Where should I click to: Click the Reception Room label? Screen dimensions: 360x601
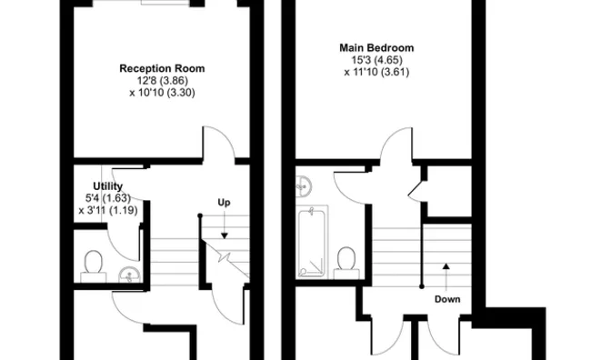click(x=162, y=68)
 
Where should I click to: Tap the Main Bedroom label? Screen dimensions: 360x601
click(x=376, y=48)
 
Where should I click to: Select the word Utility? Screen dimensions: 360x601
click(x=107, y=186)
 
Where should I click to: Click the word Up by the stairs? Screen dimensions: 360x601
click(x=224, y=202)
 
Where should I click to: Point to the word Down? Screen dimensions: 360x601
click(x=446, y=299)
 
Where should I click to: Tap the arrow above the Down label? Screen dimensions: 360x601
click(x=446, y=272)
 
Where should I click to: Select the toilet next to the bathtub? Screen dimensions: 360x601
click(x=346, y=260)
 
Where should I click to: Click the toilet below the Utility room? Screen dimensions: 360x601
click(x=92, y=263)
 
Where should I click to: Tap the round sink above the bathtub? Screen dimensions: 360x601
click(x=304, y=187)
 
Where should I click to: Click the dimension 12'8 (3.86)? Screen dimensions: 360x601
click(x=162, y=80)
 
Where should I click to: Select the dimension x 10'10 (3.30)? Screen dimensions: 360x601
click(x=162, y=92)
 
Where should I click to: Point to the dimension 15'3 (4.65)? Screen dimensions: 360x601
click(x=376, y=60)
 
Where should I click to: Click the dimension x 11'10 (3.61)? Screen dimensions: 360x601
click(x=376, y=73)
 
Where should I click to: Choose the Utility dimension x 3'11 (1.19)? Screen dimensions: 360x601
click(x=107, y=210)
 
